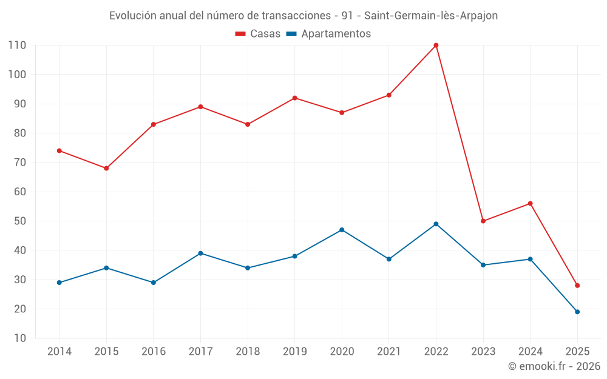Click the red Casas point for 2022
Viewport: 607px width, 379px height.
(436, 45)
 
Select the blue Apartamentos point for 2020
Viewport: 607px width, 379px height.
(342, 230)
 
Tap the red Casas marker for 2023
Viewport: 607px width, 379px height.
(483, 221)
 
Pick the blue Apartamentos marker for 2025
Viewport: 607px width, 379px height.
(577, 312)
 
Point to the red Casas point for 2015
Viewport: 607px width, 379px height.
(106, 168)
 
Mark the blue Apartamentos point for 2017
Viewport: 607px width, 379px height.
(200, 253)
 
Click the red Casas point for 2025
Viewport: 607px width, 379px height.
(577, 285)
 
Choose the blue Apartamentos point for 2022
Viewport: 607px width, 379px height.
(436, 224)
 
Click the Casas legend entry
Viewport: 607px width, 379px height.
(258, 34)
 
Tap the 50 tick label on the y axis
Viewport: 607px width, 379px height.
(19, 221)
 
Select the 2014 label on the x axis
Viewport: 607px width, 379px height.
(59, 352)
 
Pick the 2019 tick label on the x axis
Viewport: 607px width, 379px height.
(294, 352)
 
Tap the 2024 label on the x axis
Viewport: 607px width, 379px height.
(530, 352)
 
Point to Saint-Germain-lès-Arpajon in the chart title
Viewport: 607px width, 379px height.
(431, 16)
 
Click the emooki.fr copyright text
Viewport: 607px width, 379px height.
(554, 366)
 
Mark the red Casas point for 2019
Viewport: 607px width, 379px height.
(294, 98)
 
